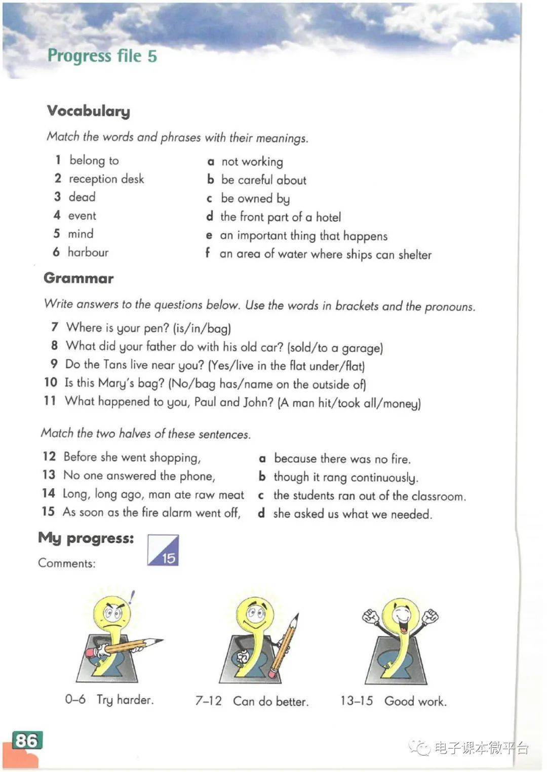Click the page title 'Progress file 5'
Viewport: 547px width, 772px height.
tap(102, 56)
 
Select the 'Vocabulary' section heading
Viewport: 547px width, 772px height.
tap(89, 111)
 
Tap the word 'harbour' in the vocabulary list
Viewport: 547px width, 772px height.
tap(88, 252)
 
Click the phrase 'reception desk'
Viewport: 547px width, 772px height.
tap(106, 179)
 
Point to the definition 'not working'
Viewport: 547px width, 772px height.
tap(252, 162)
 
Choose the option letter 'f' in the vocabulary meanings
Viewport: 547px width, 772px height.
tap(208, 252)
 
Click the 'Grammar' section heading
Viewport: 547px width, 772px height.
tap(79, 278)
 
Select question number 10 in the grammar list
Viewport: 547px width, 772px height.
tap(51, 382)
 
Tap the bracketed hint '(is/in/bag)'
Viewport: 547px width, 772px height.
tap(202, 329)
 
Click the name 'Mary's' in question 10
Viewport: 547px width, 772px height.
tap(116, 383)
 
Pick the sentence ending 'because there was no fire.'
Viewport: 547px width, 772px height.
tap(342, 459)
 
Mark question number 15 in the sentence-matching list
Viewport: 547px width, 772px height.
tap(48, 511)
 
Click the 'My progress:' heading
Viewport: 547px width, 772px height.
tap(86, 538)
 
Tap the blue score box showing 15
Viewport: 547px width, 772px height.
tap(163, 550)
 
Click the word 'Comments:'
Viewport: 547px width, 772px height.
tap(66, 564)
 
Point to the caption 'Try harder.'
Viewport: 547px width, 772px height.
tap(125, 700)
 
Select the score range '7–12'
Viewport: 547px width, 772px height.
tap(208, 701)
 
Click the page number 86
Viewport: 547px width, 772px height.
tap(26, 741)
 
